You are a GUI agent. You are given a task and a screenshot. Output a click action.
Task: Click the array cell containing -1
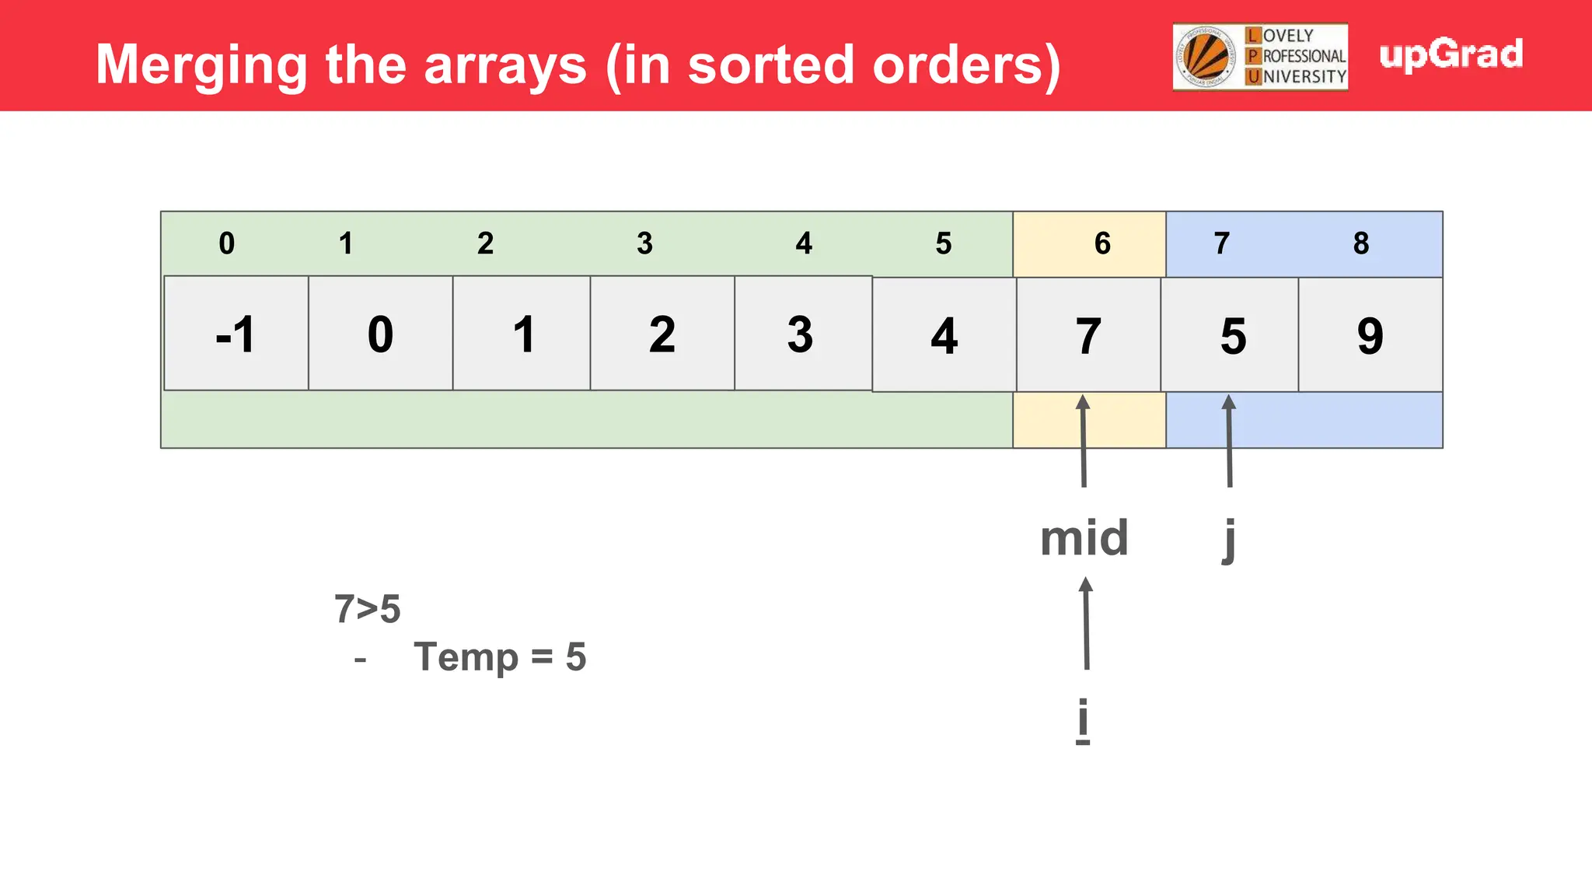point(236,334)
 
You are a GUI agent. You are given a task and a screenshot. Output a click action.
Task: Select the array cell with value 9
point(1370,335)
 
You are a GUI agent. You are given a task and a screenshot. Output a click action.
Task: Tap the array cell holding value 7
point(1088,335)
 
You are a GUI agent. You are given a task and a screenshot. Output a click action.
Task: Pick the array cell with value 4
point(944,335)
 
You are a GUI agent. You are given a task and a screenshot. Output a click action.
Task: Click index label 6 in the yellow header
point(1102,243)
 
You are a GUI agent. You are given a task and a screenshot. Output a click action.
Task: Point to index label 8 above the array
point(1360,243)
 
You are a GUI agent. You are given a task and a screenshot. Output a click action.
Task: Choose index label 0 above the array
point(226,243)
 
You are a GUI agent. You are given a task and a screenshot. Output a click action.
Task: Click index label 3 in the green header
point(644,243)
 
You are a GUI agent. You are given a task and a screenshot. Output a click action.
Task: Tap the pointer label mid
point(1084,538)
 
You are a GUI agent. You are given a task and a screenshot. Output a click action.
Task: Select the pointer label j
point(1228,538)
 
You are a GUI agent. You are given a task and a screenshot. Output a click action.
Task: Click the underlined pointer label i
point(1083,720)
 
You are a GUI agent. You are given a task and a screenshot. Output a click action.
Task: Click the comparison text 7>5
point(367,609)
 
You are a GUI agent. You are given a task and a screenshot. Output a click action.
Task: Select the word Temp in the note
point(466,657)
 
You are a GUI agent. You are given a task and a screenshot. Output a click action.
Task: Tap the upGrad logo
point(1451,55)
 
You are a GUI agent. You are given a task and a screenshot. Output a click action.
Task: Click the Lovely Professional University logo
point(1260,57)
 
